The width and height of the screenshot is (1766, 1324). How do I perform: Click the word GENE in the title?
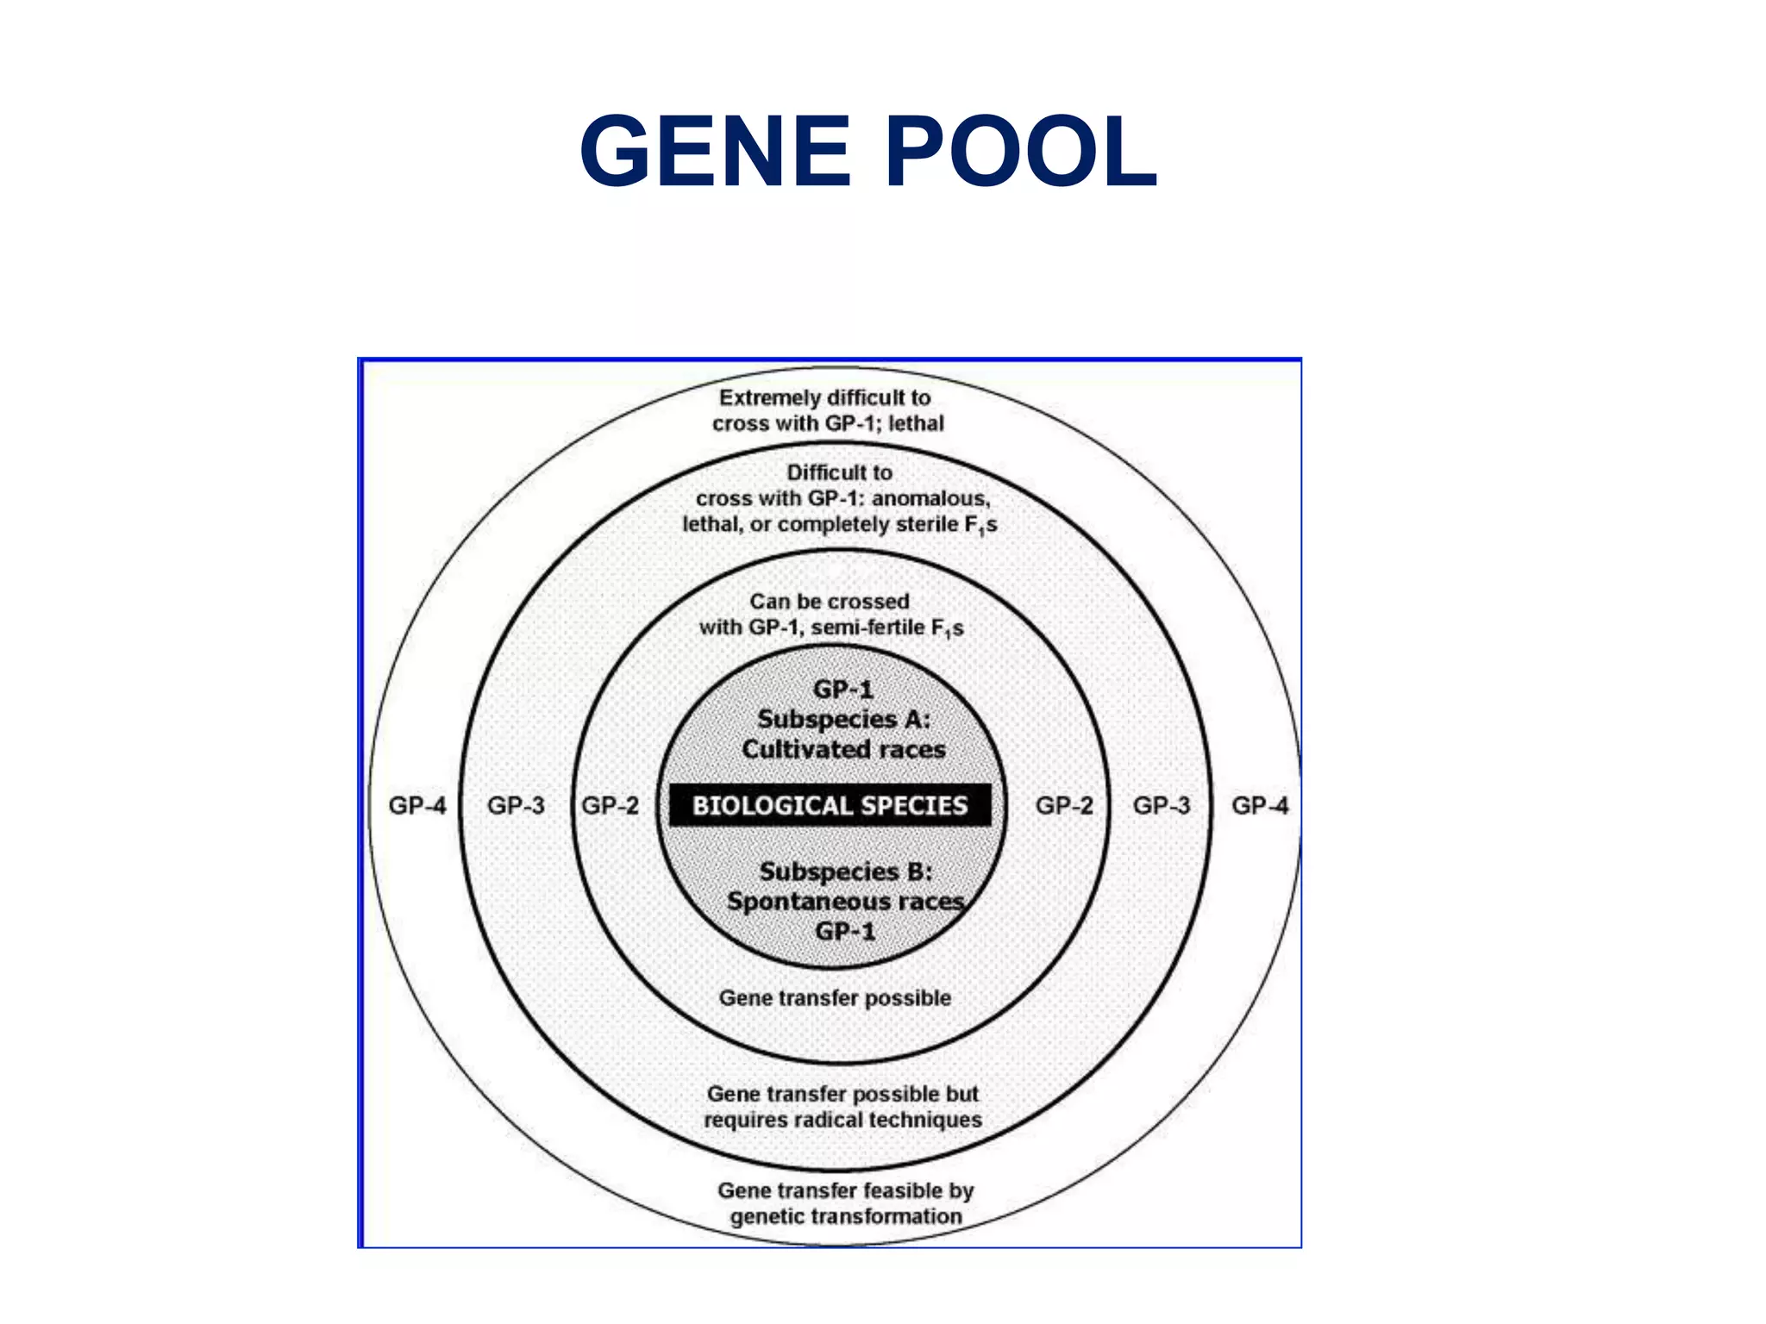(715, 153)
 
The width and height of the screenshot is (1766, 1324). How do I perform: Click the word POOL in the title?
(1021, 153)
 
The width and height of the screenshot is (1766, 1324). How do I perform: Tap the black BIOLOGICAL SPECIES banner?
(830, 805)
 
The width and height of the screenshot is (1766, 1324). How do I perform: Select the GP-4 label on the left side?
(417, 805)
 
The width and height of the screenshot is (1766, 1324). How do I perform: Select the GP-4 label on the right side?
(1260, 805)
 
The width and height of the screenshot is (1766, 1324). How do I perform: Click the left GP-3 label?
(516, 805)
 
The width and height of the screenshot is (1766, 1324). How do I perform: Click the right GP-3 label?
(1162, 805)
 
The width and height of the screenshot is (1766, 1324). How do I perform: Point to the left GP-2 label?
(610, 805)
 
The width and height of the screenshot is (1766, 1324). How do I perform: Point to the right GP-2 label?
(1064, 805)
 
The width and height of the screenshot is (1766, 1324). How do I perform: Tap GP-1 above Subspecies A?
(842, 689)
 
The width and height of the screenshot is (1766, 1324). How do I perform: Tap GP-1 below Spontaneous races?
(844, 931)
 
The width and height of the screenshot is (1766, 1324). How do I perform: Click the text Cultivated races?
(843, 748)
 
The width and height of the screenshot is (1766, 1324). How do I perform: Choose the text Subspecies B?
(845, 871)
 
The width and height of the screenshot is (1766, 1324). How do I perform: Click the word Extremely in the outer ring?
(769, 397)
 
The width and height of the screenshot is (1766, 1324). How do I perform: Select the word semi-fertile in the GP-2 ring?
(867, 627)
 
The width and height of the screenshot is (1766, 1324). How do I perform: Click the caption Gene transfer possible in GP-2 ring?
(835, 997)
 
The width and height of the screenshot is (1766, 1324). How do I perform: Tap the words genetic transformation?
(845, 1215)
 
